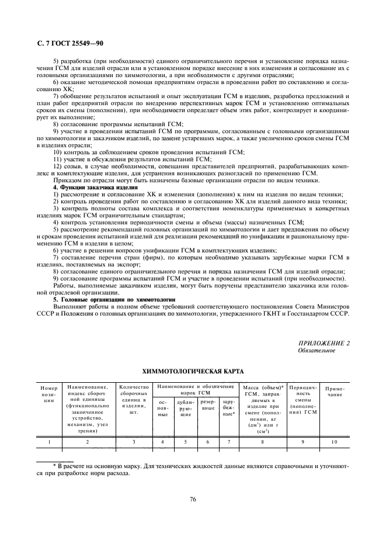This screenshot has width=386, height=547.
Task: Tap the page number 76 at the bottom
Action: pyautogui.click(x=193, y=498)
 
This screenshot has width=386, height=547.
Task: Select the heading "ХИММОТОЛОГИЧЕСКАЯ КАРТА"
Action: pyautogui.click(x=193, y=371)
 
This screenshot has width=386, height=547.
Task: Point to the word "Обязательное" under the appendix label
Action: pyautogui.click(x=317, y=350)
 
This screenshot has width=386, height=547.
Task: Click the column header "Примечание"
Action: pyautogui.click(x=335, y=391)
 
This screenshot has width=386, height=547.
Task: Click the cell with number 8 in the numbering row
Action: pyautogui.click(x=262, y=442)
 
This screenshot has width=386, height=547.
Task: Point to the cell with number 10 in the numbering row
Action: pyautogui.click(x=335, y=442)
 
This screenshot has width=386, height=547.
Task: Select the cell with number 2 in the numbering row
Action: pyautogui.click(x=88, y=442)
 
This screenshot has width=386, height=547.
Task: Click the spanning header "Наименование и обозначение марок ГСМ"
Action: pyautogui.click(x=196, y=389)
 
